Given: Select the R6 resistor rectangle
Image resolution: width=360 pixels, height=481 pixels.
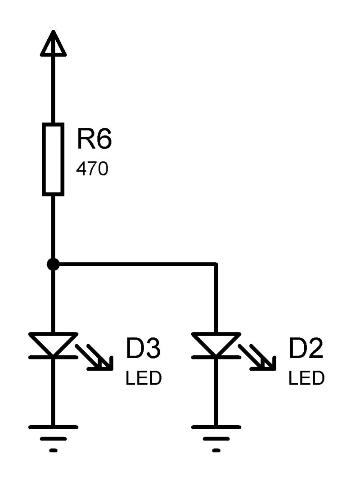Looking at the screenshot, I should (53, 160).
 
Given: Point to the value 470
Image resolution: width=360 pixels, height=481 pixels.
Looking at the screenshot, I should (92, 169).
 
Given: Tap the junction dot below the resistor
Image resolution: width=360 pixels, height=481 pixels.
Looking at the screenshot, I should (53, 264).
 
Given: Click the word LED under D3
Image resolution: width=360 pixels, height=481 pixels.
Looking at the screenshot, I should (143, 378).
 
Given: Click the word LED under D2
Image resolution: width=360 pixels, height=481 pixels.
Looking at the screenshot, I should (306, 378).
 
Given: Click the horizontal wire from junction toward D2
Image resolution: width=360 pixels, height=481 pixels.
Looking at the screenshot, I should (135, 264).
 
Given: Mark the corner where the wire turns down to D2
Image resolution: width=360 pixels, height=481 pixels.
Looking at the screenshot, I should (216, 264).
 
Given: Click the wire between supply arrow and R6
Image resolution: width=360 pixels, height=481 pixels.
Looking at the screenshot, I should (53, 90).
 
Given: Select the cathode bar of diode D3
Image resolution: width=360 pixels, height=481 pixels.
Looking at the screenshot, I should (53, 357).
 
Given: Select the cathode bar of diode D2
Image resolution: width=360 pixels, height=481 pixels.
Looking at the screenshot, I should (216, 357).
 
